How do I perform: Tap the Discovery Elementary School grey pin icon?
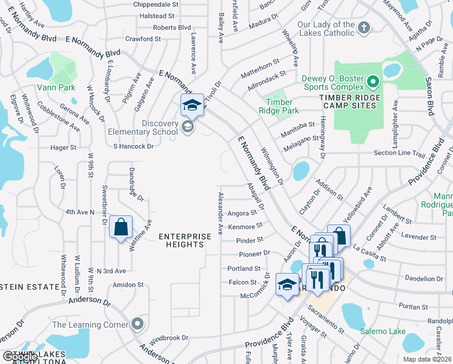(188, 127)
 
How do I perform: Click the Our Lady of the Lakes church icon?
(363, 27)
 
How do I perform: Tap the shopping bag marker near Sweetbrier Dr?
(121, 227)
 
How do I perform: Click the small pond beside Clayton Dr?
(301, 171)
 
